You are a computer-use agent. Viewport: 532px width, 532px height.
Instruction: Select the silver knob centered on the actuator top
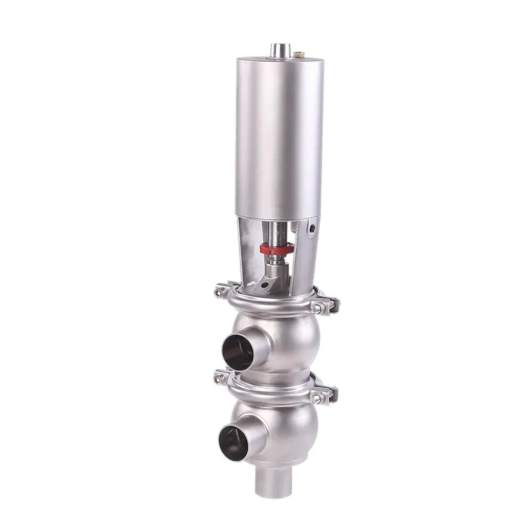[x=278, y=50]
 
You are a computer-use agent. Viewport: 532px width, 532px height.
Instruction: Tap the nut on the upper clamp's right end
[x=318, y=309]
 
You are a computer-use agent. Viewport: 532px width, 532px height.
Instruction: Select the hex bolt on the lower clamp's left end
[x=218, y=379]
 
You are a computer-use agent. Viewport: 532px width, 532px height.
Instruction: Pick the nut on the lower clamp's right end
[x=318, y=397]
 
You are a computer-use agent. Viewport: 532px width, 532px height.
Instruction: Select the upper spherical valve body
[x=287, y=340]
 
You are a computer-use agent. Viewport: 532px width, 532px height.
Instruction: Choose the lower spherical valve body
[x=287, y=428]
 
